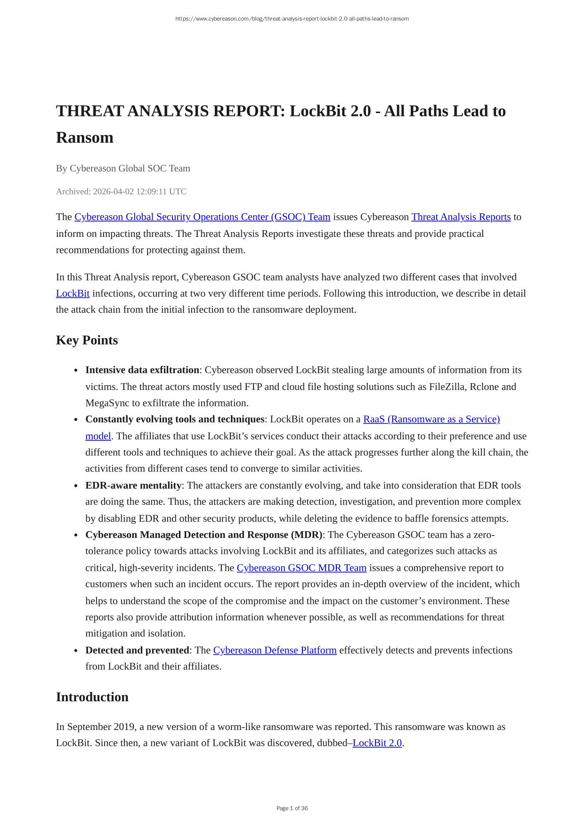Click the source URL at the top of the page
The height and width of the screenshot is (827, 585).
[292, 19]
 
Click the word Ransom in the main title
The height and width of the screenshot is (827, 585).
[85, 138]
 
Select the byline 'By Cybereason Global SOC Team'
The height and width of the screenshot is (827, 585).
[123, 168]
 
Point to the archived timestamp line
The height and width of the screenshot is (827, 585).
[121, 191]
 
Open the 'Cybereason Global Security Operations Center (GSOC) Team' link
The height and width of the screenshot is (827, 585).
[202, 217]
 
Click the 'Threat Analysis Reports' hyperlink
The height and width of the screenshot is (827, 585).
[461, 217]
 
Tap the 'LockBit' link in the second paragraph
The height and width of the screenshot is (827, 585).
[73, 293]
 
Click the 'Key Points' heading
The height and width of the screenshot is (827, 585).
[87, 340]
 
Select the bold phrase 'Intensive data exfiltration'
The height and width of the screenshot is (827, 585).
[142, 370]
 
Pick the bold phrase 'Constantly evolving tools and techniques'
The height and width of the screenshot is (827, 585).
[175, 419]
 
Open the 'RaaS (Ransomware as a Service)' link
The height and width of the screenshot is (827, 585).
[431, 419]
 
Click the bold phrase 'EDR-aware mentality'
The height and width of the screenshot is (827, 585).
[133, 485]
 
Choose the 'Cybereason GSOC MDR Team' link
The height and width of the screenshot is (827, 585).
[301, 568]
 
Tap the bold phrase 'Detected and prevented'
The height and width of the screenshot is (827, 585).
[137, 650]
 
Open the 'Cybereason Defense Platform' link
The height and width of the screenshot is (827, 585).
[275, 650]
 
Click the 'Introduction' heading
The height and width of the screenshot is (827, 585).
[92, 697]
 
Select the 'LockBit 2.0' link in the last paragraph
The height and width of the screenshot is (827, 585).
[377, 743]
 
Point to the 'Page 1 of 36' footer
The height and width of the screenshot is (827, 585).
[292, 808]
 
